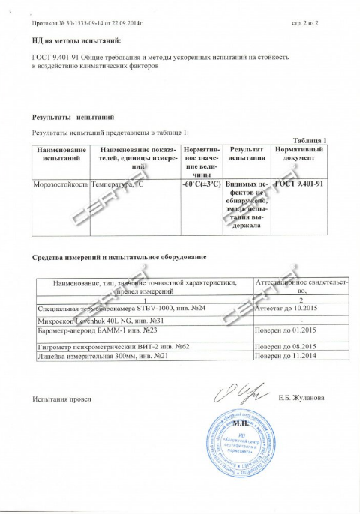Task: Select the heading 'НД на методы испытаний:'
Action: [76, 40]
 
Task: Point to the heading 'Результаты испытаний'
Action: [73, 118]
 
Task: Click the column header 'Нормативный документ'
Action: [299, 154]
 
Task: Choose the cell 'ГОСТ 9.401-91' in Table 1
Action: [299, 183]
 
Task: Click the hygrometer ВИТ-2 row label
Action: [112, 347]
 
